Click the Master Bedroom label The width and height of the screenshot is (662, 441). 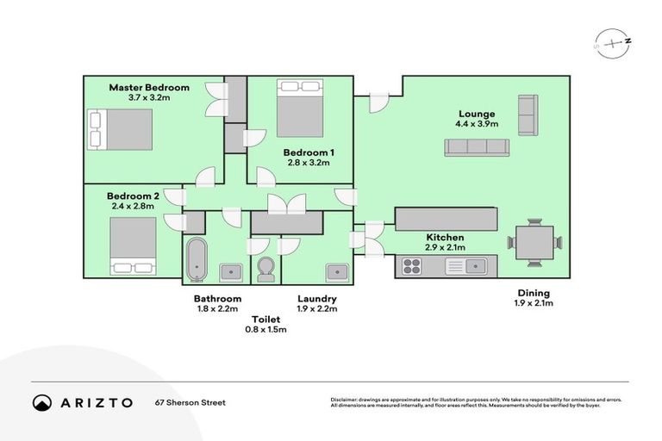pos(149,87)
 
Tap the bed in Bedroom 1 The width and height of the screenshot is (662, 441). pos(299,108)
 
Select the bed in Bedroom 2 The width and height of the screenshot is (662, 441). pos(133,245)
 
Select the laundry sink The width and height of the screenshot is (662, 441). pos(337,272)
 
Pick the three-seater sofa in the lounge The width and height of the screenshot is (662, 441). pos(477,146)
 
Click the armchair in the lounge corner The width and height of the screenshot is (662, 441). pos(527,115)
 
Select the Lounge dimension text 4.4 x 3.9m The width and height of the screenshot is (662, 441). pos(476,124)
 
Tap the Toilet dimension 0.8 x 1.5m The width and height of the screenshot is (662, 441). pos(265,329)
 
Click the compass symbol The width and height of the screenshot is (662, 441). pos(610,44)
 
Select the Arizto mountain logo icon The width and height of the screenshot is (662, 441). pos(42,402)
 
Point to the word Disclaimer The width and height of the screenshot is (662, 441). pos(346,399)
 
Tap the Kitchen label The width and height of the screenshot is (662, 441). pos(446,237)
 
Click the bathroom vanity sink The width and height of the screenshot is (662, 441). pos(230,272)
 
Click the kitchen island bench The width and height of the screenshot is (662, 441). pos(446,219)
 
